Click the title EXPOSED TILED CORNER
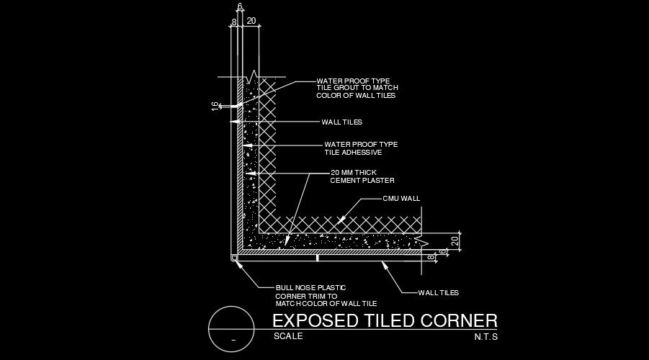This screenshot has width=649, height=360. (x=385, y=321)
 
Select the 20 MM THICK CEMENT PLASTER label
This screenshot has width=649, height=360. (x=362, y=176)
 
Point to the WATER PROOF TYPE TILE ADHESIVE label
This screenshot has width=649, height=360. (x=360, y=148)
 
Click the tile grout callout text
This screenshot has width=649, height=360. (x=357, y=88)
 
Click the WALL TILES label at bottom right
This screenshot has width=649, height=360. (x=438, y=292)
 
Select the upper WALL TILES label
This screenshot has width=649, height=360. (x=341, y=122)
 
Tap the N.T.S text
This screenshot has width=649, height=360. (x=486, y=336)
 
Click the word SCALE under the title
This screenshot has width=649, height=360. (x=288, y=336)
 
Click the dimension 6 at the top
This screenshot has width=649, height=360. (x=239, y=6)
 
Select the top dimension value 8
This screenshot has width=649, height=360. (x=233, y=22)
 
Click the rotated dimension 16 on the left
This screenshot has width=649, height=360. (x=215, y=106)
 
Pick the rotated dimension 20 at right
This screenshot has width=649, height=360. (x=455, y=241)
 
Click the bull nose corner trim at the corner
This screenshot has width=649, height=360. (x=236, y=257)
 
